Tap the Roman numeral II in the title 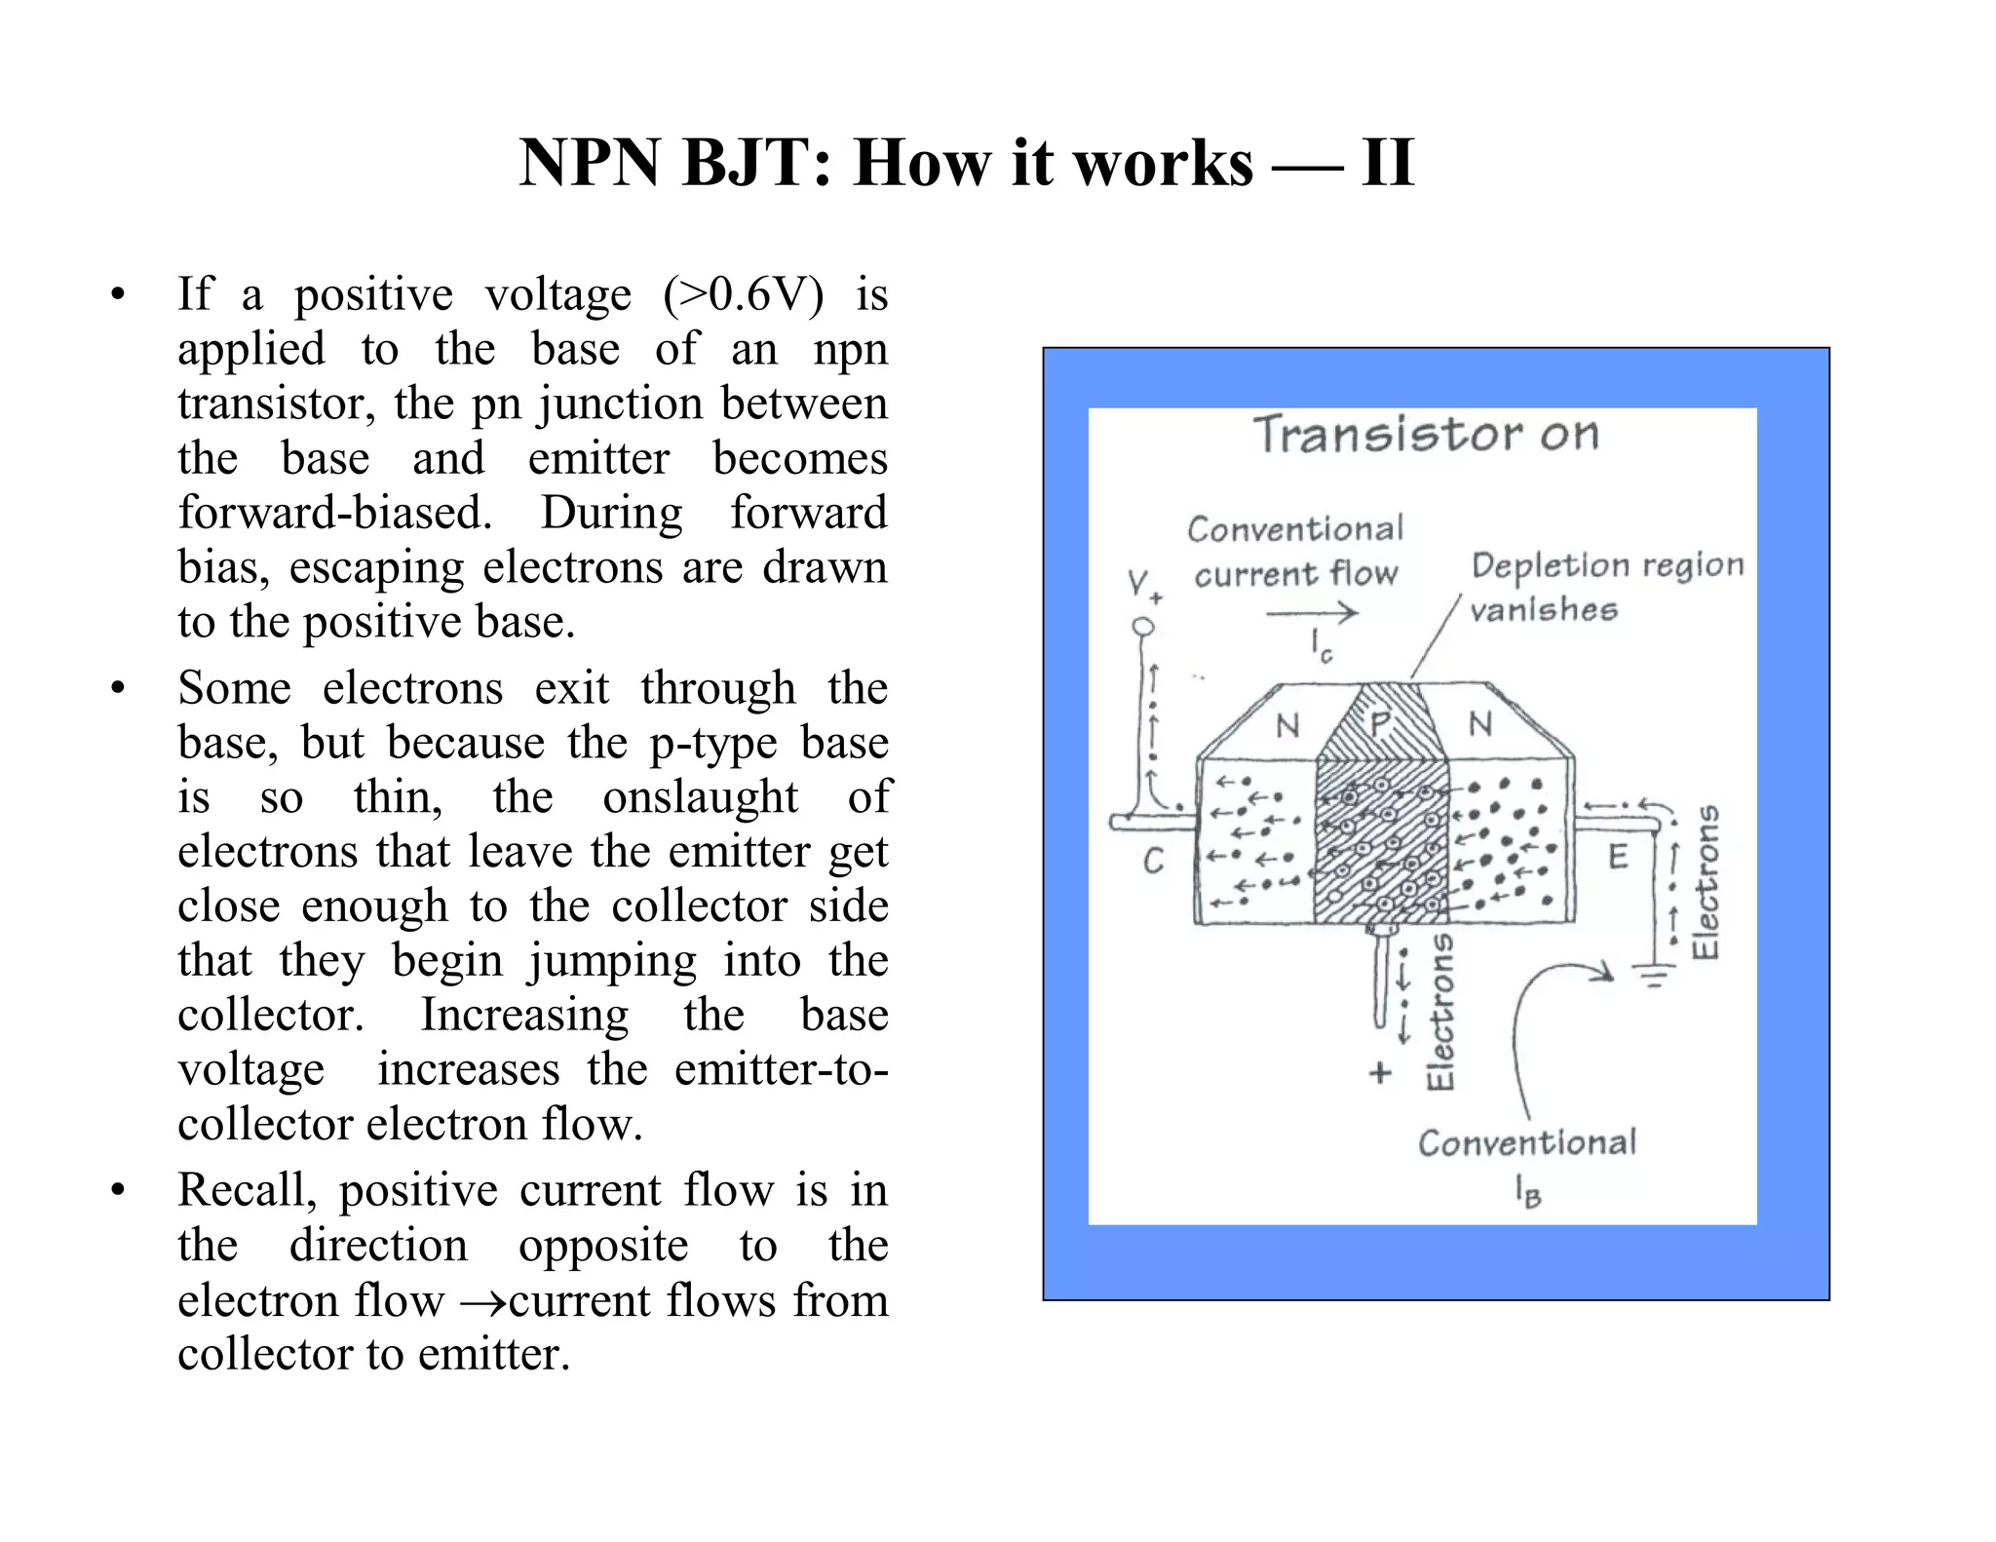tap(1387, 163)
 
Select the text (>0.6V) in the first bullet tap(743, 294)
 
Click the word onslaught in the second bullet tap(700, 797)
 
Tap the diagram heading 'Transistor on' tap(1425, 435)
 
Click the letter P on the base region tap(1380, 724)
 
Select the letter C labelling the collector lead tap(1154, 861)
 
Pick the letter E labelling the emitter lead tap(1618, 857)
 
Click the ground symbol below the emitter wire tap(1653, 974)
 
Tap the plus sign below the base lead tap(1379, 1073)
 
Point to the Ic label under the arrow tap(1321, 646)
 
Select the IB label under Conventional tap(1527, 1191)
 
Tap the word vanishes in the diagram tap(1543, 610)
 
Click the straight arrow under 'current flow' tap(1311, 613)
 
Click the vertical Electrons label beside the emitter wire tap(1705, 882)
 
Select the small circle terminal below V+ tap(1143, 627)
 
